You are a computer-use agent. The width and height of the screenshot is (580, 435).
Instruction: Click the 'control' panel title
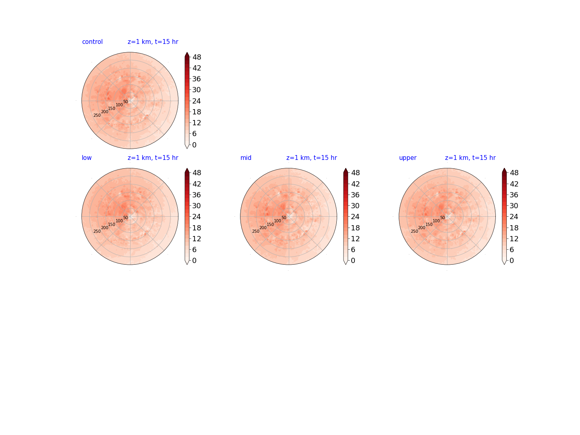[x=92, y=42]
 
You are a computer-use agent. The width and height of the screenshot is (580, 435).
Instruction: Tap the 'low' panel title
[x=87, y=157]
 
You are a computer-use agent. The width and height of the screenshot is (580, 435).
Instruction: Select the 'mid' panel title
[x=246, y=157]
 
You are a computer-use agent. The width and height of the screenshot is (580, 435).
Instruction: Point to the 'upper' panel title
[x=408, y=158]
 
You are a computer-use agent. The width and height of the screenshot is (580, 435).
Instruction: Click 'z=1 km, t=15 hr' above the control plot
[x=153, y=42]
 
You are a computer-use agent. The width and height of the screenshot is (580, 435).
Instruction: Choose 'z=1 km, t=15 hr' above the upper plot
[x=470, y=157]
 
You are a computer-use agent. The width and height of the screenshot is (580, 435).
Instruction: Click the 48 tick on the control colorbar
[x=197, y=57]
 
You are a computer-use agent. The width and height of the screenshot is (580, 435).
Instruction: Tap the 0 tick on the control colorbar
[x=194, y=145]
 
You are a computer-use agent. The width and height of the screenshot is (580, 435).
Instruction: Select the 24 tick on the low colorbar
[x=197, y=217]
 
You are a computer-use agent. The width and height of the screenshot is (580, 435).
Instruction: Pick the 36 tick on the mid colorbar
[x=355, y=195]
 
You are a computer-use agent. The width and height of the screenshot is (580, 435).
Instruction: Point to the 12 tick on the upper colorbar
[x=514, y=239]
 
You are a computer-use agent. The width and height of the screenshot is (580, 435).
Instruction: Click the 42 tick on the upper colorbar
[x=514, y=184]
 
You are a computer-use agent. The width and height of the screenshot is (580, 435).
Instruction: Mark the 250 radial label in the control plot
[x=97, y=115]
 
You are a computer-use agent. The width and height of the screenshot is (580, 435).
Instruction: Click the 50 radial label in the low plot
[x=126, y=217]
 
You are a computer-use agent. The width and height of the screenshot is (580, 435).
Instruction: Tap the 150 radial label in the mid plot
[x=270, y=224]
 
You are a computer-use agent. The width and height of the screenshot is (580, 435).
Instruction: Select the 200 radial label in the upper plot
[x=421, y=228]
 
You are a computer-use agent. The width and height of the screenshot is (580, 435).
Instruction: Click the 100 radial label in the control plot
[x=119, y=105]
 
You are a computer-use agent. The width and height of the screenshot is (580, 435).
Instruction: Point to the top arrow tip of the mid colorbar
[x=346, y=168]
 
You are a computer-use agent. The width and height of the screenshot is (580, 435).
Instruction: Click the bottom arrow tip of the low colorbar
[x=187, y=264]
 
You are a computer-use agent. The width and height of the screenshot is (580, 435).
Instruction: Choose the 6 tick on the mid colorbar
[x=353, y=250]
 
